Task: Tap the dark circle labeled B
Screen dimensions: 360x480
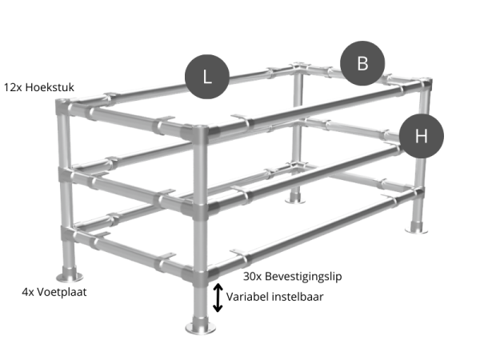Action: pyautogui.click(x=362, y=63)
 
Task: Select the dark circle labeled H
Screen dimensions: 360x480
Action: pyautogui.click(x=421, y=136)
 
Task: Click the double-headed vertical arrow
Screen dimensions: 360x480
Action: pyautogui.click(x=218, y=297)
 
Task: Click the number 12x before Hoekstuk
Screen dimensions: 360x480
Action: pyautogui.click(x=14, y=86)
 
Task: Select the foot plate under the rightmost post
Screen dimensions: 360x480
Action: pyautogui.click(x=416, y=228)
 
